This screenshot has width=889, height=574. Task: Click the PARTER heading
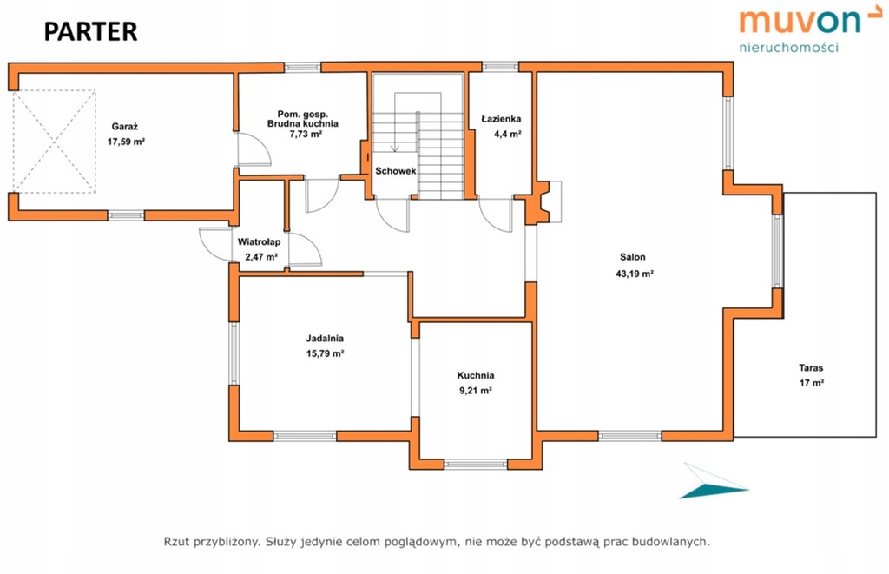click(90, 32)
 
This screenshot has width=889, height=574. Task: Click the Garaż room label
click(125, 127)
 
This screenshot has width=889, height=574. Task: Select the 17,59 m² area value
click(126, 142)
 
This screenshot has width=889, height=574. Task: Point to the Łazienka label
click(501, 119)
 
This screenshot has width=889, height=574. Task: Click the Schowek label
click(396, 171)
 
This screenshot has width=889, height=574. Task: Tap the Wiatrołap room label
click(259, 242)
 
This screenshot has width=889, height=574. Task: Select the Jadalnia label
click(325, 338)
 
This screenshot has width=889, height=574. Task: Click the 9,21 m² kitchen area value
click(476, 390)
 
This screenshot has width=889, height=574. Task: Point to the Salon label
click(633, 257)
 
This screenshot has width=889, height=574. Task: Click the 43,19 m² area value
click(635, 274)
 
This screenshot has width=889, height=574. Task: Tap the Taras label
click(812, 367)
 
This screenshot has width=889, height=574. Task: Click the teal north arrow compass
click(714, 482)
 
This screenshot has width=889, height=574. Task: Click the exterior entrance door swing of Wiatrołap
click(216, 244)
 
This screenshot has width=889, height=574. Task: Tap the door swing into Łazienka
click(495, 214)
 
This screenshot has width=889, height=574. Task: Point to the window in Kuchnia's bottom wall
click(476, 464)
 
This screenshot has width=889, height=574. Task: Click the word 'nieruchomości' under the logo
click(788, 48)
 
